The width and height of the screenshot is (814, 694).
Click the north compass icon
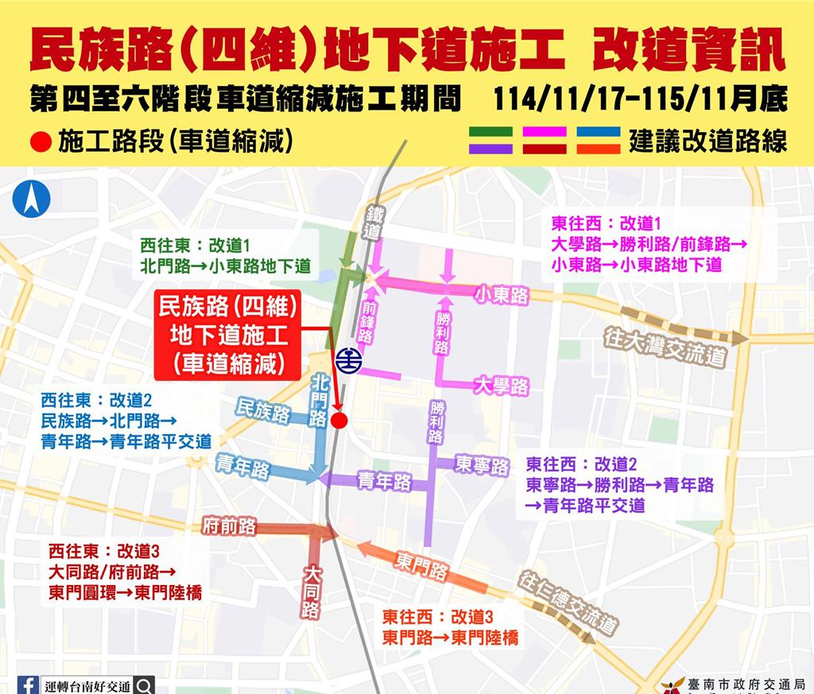click(x=31, y=200)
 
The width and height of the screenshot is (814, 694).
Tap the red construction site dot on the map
click(x=339, y=421)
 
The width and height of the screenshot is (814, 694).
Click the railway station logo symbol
click(x=348, y=360)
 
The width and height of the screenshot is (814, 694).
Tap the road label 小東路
click(x=502, y=296)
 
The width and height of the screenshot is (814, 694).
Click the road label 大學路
click(x=501, y=386)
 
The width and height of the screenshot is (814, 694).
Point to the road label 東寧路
click(x=482, y=465)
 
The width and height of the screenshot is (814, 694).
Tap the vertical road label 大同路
click(x=311, y=592)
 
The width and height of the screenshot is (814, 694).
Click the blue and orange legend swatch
click(x=599, y=140)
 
